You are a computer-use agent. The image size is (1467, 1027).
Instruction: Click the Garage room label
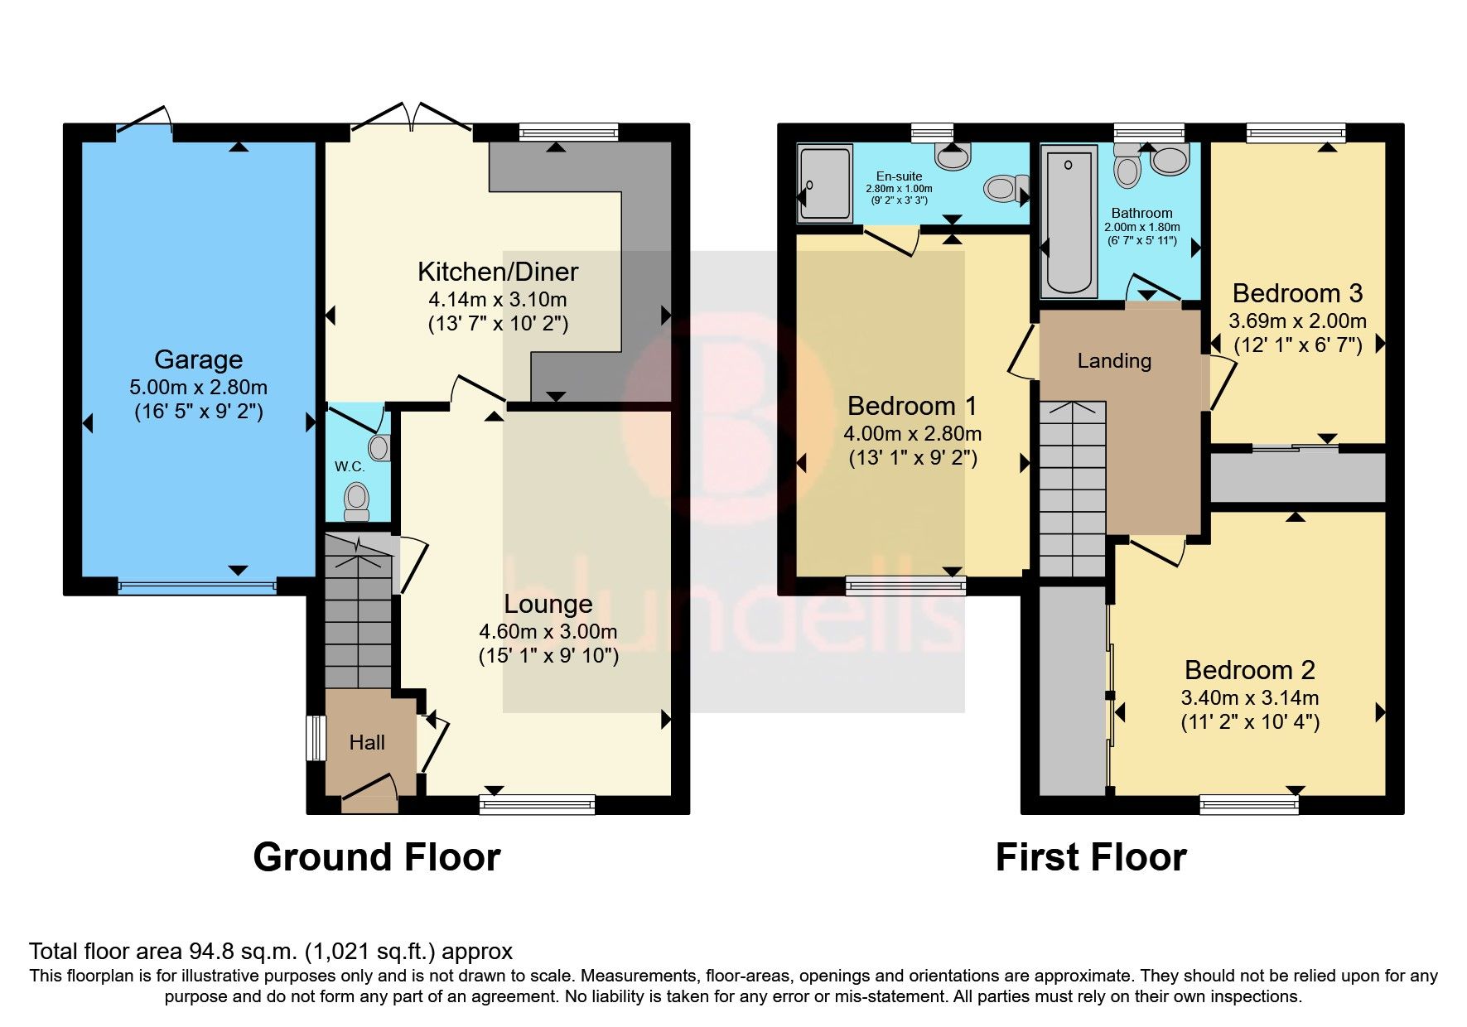(x=198, y=359)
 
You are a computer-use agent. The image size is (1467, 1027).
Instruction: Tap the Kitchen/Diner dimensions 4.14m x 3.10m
(x=497, y=300)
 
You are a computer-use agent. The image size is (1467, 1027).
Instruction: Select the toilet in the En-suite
(x=1003, y=189)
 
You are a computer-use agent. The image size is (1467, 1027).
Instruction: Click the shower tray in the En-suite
(x=825, y=183)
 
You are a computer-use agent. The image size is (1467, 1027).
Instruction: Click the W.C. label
(x=350, y=467)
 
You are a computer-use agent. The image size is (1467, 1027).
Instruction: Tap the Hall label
(x=366, y=743)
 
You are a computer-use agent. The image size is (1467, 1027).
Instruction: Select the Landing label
(x=1114, y=361)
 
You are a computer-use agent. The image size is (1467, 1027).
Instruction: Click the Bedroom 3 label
(x=1297, y=293)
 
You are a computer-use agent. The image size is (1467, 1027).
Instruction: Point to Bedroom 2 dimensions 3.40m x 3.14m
(x=1249, y=698)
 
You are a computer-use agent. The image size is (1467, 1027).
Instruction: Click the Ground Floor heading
(x=377, y=857)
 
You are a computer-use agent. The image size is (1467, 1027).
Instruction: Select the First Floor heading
(x=1091, y=857)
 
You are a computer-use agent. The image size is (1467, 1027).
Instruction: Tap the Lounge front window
(x=537, y=803)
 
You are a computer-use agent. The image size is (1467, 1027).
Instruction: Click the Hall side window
(x=315, y=738)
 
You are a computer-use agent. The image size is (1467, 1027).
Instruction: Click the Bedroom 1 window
(x=905, y=586)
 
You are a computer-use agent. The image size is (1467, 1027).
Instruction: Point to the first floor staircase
(x=1073, y=489)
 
